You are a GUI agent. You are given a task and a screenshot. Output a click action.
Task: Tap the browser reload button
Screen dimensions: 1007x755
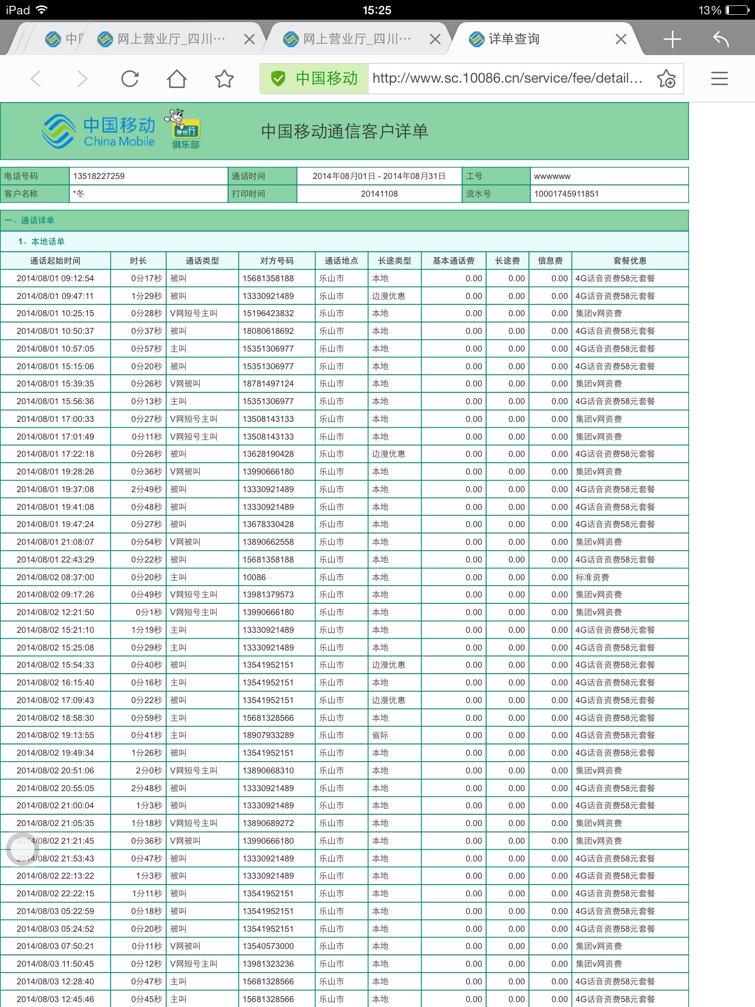tap(130, 79)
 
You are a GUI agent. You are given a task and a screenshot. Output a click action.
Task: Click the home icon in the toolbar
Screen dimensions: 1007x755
tap(176, 79)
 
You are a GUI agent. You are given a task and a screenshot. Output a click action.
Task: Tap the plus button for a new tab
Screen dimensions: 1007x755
tap(672, 39)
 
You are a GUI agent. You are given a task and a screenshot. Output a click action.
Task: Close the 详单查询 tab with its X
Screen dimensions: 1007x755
tap(621, 39)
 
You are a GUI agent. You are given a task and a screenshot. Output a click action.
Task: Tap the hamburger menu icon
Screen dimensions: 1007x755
tap(719, 79)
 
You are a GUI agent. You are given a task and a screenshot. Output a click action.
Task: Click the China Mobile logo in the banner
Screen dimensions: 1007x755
tap(98, 131)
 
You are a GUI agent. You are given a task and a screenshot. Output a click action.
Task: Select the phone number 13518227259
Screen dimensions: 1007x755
tap(99, 176)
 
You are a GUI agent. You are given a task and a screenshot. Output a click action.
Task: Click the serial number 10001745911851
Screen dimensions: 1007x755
tap(566, 194)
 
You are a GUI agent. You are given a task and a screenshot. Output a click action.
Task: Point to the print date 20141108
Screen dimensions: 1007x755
tap(379, 194)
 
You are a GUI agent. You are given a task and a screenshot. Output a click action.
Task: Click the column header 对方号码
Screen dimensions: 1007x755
tap(277, 261)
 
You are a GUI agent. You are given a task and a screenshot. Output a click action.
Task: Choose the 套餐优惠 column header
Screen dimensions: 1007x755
tap(630, 261)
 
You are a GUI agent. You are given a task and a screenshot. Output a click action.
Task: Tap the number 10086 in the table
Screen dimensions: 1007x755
tap(254, 577)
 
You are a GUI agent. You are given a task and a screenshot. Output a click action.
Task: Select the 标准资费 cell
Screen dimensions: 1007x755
tap(592, 577)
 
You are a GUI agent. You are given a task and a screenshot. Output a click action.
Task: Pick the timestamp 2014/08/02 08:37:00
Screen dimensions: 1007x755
tap(55, 577)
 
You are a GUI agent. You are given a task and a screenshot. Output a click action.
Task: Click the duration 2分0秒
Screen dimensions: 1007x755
tap(148, 770)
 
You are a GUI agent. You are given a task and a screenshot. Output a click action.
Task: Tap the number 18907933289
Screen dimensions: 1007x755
tap(268, 735)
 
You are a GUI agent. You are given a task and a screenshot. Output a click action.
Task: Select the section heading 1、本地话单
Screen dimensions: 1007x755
tap(41, 241)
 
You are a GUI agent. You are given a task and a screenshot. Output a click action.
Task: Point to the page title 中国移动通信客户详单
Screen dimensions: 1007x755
tap(345, 131)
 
